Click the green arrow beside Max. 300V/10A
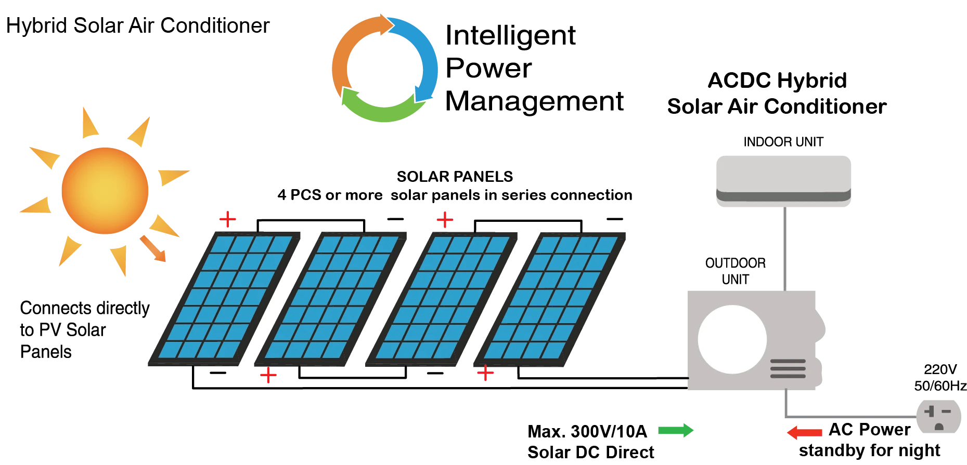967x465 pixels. coord(676,430)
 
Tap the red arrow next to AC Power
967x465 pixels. coord(804,432)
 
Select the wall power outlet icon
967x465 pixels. coord(938,416)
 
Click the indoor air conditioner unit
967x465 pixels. coord(783,181)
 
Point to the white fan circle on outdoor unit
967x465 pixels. coord(732,339)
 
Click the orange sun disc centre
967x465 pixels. coord(105,191)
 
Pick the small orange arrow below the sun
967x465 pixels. coord(153,248)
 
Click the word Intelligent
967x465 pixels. coord(510,36)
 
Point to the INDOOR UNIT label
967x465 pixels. coord(783,142)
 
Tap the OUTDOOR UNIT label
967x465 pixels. coord(735,271)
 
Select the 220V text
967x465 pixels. coord(940,369)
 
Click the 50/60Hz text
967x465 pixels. coord(940,386)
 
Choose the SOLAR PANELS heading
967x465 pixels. coord(455,177)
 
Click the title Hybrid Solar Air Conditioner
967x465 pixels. coord(138,25)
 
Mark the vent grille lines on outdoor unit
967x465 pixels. coord(788,368)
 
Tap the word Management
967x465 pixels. coord(534,101)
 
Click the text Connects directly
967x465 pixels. coord(85,308)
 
